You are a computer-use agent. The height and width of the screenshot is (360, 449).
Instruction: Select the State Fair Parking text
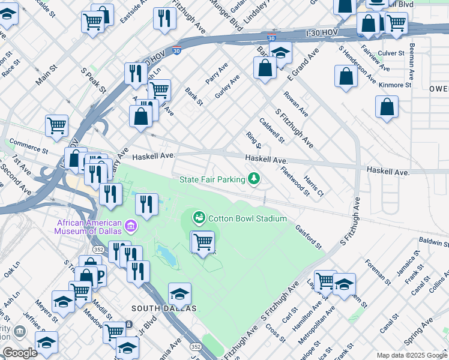click(212, 179)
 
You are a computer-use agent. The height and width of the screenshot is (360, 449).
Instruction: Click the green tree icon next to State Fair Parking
click(255, 179)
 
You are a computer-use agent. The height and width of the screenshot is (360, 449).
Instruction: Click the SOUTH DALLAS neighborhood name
click(164, 308)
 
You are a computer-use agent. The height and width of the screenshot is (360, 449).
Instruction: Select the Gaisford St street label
click(309, 236)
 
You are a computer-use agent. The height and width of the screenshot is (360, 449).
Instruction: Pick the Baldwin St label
click(434, 242)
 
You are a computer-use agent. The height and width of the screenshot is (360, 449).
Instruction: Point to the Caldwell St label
click(272, 130)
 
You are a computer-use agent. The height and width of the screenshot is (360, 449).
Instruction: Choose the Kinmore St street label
click(395, 85)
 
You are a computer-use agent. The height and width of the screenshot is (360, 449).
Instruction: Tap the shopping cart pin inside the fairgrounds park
click(203, 242)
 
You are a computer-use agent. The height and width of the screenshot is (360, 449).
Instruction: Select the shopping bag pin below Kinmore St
click(387, 107)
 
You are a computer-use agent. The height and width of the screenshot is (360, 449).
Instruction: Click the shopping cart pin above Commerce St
click(56, 125)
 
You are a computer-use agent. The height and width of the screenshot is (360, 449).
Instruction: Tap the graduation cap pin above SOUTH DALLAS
click(179, 293)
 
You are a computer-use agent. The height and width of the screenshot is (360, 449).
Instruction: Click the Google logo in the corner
click(20, 353)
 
